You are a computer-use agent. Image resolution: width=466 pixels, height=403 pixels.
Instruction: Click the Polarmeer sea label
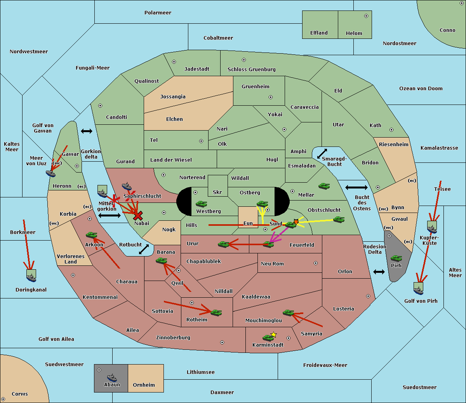pyautogui.click(x=158, y=13)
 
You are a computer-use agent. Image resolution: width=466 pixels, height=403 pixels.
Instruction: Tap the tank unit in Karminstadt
pyautogui.click(x=268, y=338)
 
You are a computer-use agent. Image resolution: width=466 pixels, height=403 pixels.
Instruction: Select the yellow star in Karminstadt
pyautogui.click(x=274, y=334)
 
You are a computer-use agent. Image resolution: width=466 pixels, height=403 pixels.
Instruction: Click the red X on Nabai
pyautogui.click(x=138, y=216)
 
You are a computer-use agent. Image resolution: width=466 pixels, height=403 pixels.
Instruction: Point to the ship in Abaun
pyautogui.click(x=112, y=377)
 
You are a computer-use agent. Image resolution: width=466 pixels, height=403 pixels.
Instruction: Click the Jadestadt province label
pyautogui.click(x=196, y=69)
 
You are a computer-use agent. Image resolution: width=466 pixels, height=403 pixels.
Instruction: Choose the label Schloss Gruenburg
pyautogui.click(x=251, y=70)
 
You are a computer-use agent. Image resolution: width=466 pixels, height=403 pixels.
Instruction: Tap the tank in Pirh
pyautogui.click(x=396, y=258)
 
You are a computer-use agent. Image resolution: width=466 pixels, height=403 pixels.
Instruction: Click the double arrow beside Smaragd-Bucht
pyautogui.click(x=322, y=154)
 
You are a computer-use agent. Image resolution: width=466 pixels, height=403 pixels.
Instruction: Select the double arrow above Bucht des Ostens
pyautogui.click(x=356, y=188)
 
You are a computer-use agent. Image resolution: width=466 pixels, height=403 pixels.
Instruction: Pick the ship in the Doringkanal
pyautogui.click(x=31, y=276)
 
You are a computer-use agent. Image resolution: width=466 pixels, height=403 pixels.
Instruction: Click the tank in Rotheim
pyautogui.click(x=216, y=312)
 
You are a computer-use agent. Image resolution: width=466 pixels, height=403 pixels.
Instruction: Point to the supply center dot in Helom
pyautogui.click(x=366, y=16)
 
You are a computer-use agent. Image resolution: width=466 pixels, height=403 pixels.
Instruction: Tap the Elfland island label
pyautogui.click(x=319, y=33)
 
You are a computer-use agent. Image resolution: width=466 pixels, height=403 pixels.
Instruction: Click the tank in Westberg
pyautogui.click(x=201, y=204)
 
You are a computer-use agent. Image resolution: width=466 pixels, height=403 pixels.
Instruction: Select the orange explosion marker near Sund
pyautogui.click(x=296, y=222)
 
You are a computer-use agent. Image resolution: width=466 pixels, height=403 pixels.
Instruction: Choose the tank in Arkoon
pyautogui.click(x=91, y=235)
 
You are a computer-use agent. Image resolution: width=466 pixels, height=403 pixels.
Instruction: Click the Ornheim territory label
pyautogui.click(x=144, y=385)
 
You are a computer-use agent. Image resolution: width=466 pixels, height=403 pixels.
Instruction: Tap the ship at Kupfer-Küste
pyautogui.click(x=432, y=227)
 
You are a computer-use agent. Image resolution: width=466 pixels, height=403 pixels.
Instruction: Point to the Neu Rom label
pyautogui.click(x=272, y=264)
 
